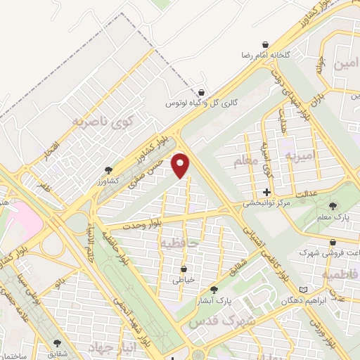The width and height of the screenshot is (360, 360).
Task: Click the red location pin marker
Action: click(181, 165)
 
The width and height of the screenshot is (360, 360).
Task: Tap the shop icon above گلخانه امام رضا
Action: click(265, 44)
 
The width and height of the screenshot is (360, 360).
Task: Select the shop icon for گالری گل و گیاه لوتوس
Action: click(202, 92)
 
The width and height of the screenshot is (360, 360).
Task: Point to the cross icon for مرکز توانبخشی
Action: click(266, 192)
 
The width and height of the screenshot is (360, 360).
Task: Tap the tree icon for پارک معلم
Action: click(333, 206)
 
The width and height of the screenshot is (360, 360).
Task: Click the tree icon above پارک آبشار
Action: click(214, 289)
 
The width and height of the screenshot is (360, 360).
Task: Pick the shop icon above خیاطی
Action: click(184, 269)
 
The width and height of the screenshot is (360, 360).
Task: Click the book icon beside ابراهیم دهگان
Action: click(303, 289)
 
